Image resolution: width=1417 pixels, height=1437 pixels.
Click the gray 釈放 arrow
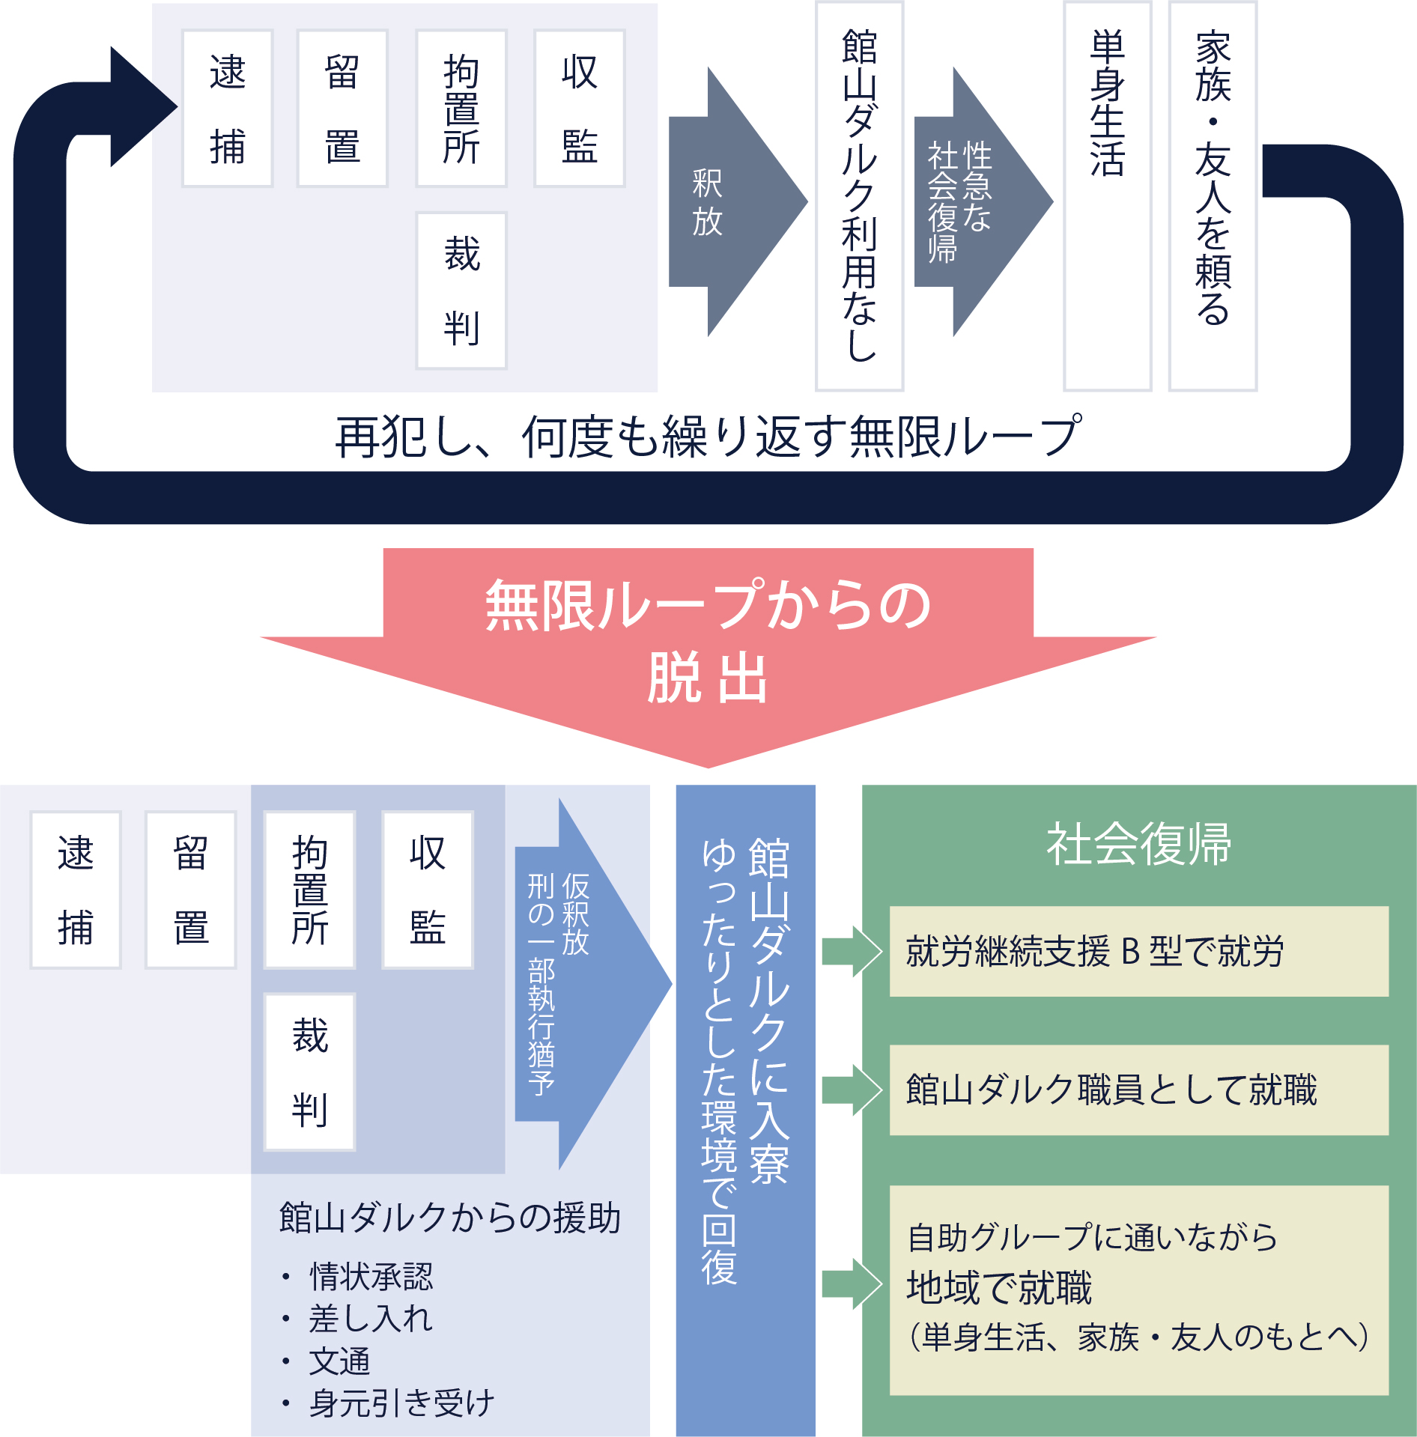726,202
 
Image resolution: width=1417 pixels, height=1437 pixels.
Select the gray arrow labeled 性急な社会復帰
974,202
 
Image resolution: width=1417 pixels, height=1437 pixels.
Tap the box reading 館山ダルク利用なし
859,196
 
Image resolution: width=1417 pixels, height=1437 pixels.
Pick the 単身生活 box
1107,196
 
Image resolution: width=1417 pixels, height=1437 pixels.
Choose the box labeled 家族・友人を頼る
1213,196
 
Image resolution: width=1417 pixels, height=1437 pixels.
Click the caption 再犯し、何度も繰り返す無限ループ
708,437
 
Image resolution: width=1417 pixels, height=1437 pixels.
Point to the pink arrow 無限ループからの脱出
708,644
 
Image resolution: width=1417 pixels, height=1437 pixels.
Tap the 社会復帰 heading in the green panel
1138,844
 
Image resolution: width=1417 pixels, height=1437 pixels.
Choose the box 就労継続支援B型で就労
1138,951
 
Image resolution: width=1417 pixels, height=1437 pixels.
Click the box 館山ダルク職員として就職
1138,1090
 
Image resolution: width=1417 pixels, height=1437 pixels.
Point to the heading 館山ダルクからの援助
449,1218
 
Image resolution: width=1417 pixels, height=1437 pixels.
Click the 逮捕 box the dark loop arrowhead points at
227,109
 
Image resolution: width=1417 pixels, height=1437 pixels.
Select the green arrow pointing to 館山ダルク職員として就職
851,1090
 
